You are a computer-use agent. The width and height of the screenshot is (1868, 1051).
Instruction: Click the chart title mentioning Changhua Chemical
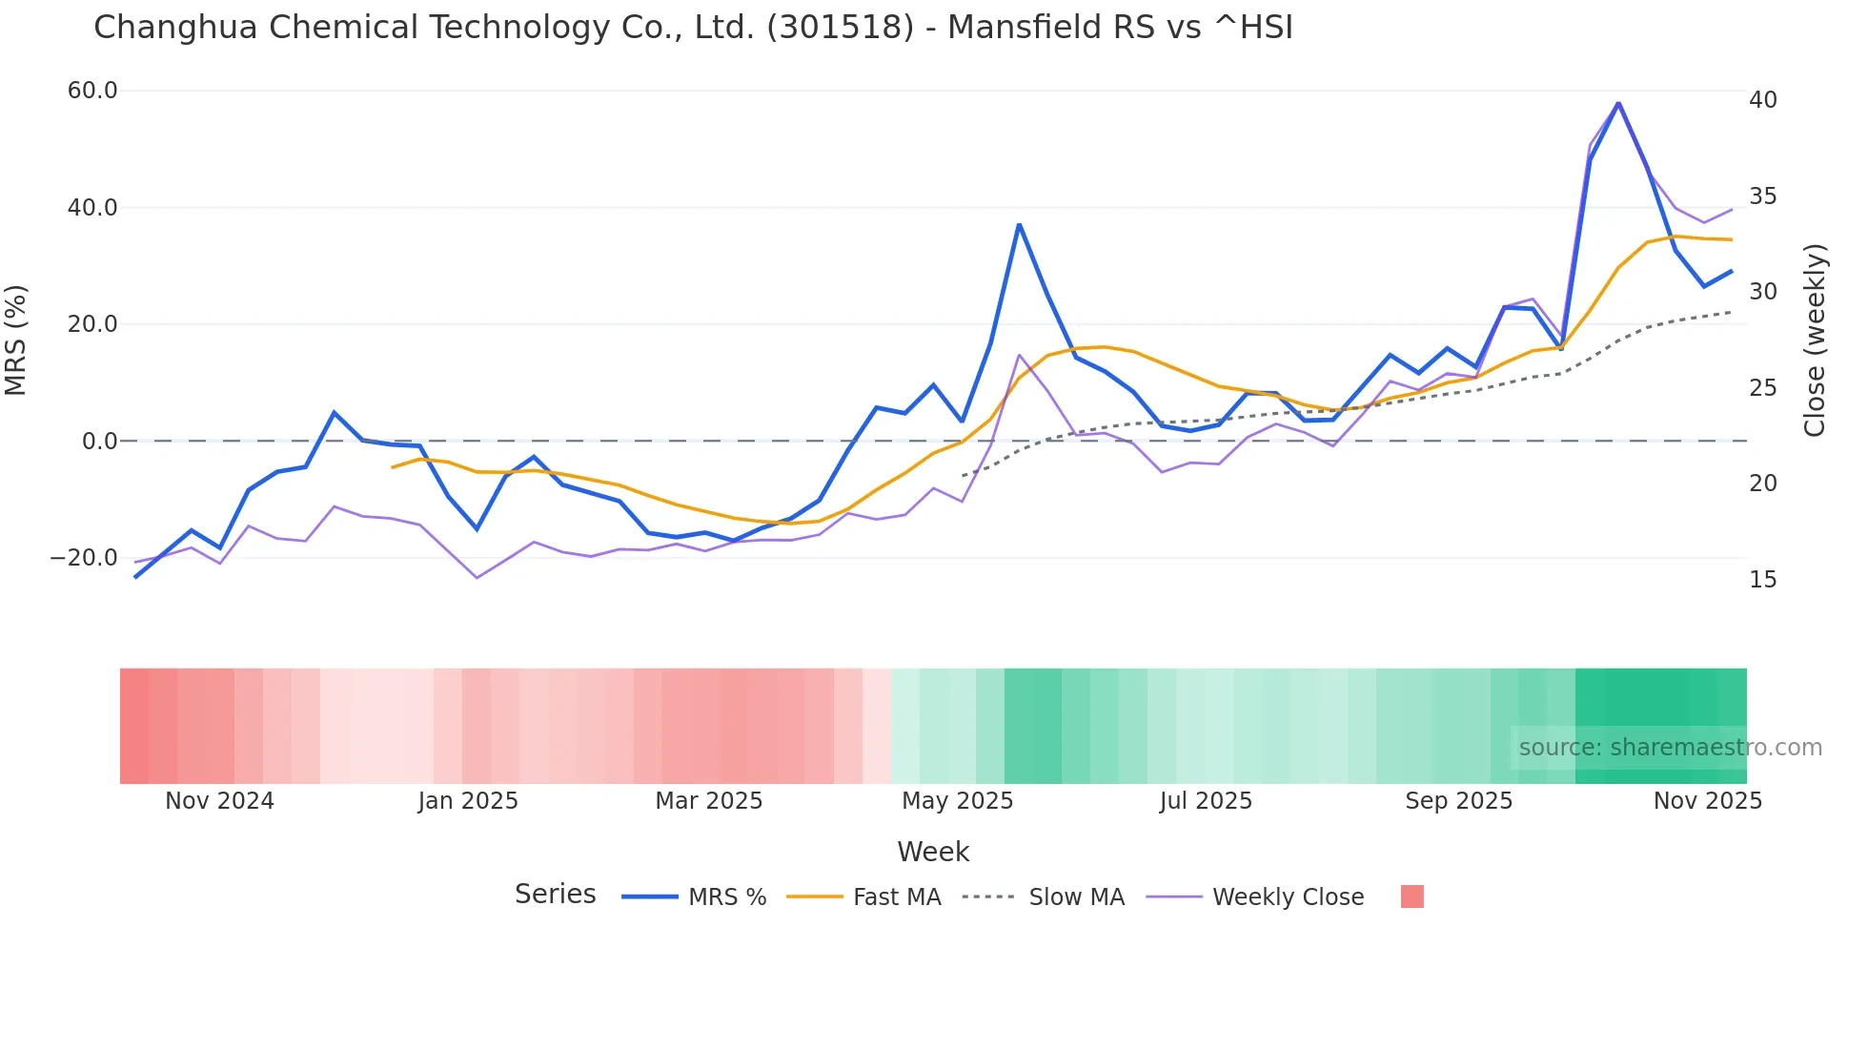point(693,28)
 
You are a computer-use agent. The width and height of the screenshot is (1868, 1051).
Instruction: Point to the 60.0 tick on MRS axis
point(92,91)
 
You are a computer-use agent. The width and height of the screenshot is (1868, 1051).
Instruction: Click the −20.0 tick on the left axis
point(84,558)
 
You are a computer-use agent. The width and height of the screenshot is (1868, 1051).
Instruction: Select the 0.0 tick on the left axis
point(99,442)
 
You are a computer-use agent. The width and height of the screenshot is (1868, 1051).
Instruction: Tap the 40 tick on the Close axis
point(1762,100)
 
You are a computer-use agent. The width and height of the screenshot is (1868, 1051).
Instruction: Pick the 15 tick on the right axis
point(1762,580)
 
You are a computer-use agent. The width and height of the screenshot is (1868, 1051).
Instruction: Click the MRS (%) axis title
point(16,340)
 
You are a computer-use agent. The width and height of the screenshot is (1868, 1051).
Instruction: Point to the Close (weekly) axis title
point(1814,340)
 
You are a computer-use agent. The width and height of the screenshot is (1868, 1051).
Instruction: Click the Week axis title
point(932,852)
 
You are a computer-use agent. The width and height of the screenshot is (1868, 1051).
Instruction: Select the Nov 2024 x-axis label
point(219,801)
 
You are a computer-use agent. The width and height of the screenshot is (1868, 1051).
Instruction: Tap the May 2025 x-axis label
point(957,801)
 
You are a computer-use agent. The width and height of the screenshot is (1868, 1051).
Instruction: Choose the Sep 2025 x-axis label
point(1458,801)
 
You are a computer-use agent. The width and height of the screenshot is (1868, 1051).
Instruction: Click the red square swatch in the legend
point(1411,896)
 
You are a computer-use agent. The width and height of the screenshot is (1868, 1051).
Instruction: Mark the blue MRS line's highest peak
point(1617,103)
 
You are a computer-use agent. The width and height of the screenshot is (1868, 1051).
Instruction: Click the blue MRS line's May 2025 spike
point(1019,225)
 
